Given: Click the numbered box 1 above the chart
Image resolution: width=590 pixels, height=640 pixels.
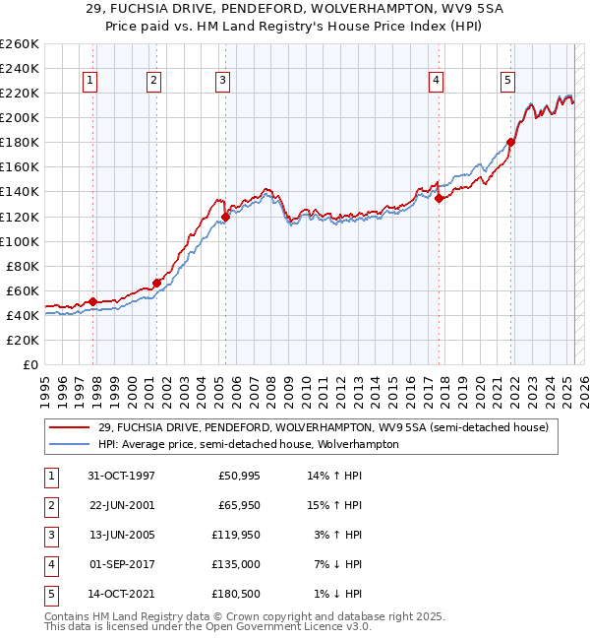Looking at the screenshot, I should (x=89, y=81).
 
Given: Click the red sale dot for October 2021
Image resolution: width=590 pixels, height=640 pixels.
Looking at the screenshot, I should (x=511, y=142).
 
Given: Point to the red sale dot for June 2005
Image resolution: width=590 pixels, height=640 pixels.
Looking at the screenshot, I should (x=225, y=217).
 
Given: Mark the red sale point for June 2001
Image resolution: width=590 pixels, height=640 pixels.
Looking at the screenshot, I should (x=156, y=283).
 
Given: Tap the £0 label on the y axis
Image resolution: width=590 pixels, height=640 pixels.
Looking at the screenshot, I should (x=29, y=364).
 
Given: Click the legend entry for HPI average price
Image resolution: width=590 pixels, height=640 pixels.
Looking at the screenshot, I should (x=248, y=444).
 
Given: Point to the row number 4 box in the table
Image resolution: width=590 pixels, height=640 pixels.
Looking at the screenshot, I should (x=48, y=565).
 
